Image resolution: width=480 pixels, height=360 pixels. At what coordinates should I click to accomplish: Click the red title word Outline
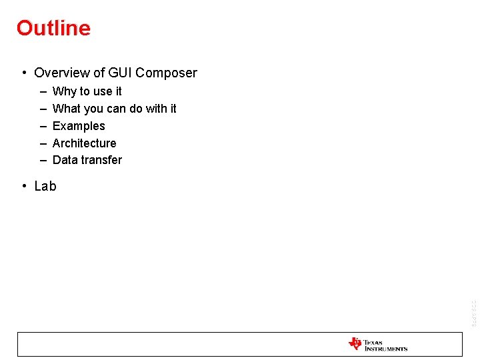pos(53,28)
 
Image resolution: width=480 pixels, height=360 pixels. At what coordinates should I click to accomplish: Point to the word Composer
pos(167,73)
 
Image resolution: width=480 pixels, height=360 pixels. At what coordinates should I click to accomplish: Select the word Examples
pos(79,126)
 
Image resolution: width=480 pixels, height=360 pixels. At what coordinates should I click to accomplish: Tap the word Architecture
pos(84,143)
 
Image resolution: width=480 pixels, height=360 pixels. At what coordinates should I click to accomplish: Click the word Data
pos(65,160)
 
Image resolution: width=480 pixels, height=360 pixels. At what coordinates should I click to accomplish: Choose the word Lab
pos(45,187)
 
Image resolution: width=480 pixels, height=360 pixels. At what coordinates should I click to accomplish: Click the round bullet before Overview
pos(23,73)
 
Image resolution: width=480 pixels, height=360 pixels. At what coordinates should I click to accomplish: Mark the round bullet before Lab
pos(23,187)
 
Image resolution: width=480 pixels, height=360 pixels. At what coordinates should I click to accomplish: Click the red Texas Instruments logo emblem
pos(355,344)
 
